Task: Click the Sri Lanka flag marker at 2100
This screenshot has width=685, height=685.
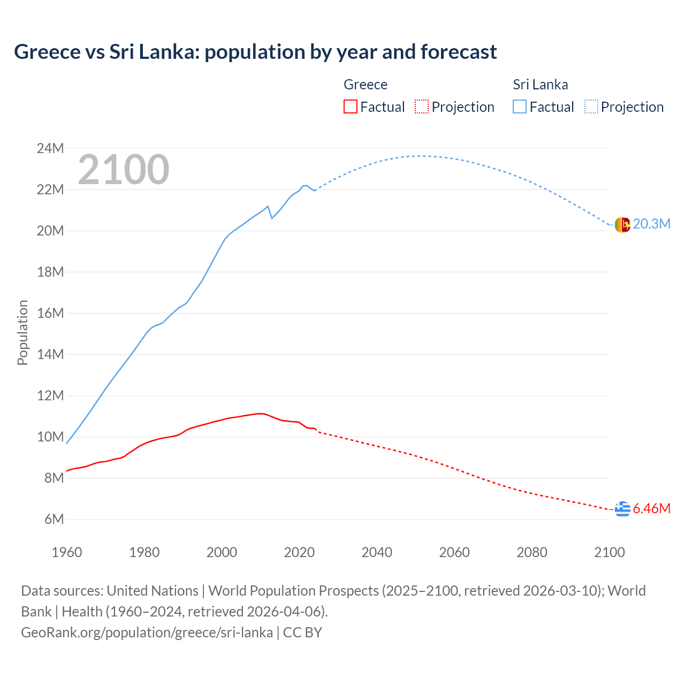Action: pos(622,225)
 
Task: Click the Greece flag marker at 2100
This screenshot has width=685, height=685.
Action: pos(622,509)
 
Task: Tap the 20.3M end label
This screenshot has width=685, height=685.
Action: pos(651,224)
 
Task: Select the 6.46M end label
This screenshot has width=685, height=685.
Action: pos(651,508)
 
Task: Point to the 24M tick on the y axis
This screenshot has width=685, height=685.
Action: pos(50,148)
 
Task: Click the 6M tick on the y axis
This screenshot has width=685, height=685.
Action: pos(54,519)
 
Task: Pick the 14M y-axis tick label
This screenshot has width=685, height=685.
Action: pos(50,354)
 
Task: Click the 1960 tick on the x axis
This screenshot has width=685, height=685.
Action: pos(67,552)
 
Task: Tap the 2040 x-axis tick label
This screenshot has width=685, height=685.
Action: pos(377,552)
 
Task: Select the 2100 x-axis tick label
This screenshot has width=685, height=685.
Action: pos(609,552)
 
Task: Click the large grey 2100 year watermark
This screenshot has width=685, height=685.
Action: pos(124,170)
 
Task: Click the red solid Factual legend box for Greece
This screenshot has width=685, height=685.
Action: pos(350,106)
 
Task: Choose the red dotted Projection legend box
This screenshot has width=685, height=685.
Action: pos(421,106)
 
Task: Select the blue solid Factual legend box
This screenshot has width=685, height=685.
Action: pos(519,106)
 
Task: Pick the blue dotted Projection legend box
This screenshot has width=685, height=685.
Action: pos(591,106)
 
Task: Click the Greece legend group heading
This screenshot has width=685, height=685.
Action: pos(365,85)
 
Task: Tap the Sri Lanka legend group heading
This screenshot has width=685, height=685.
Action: pos(540,85)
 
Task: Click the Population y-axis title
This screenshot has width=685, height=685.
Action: pos(22,332)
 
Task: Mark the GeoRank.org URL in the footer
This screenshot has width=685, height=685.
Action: pos(147,632)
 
